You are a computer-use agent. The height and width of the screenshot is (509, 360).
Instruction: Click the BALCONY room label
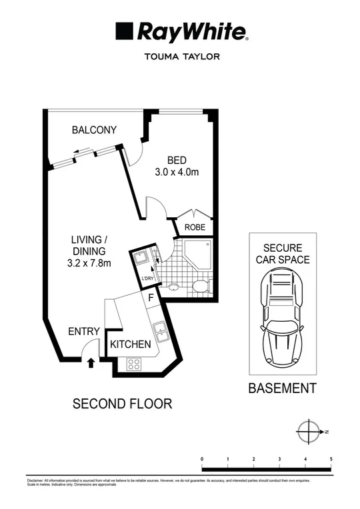pyautogui.click(x=94, y=131)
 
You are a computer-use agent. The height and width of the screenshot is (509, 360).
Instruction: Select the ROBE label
pyautogui.click(x=195, y=227)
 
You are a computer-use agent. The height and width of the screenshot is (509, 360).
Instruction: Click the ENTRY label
pyautogui.click(x=84, y=332)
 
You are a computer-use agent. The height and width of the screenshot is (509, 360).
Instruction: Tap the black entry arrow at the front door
pyautogui.click(x=91, y=362)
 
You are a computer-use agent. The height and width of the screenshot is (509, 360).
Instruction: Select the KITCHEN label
pyautogui.click(x=131, y=344)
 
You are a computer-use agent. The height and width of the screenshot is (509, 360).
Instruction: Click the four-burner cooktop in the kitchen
pyautogui.click(x=133, y=364)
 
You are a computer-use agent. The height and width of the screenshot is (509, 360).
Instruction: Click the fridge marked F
pyautogui.click(x=151, y=297)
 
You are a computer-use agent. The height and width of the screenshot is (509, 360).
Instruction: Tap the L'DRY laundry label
pyautogui.click(x=147, y=278)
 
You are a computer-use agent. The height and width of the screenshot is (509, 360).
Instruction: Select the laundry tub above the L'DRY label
pyautogui.click(x=142, y=258)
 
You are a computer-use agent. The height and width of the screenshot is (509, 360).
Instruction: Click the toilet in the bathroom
pyautogui.click(x=199, y=288)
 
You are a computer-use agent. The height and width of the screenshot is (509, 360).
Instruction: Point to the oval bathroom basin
pyautogui.click(x=175, y=288)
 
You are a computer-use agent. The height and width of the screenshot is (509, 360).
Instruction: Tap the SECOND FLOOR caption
pyautogui.click(x=122, y=403)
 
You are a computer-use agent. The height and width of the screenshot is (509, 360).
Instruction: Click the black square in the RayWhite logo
pyautogui.click(x=124, y=31)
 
